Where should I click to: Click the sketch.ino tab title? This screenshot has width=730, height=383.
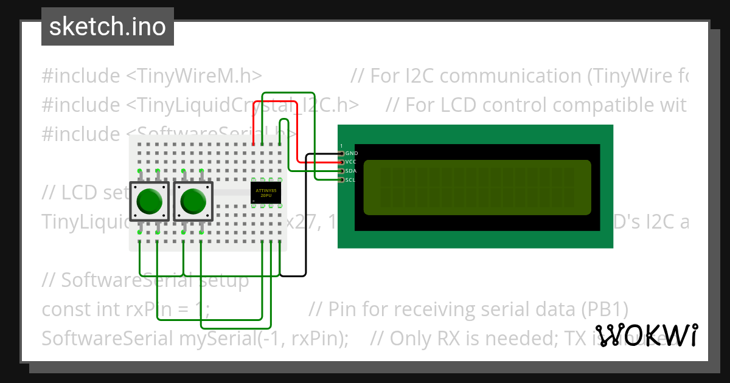pos(107,27)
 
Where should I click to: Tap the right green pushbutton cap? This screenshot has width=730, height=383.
pos(193,201)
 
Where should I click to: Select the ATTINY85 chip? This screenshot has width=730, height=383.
pos(266,193)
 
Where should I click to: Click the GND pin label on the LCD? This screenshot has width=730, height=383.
pos(352,154)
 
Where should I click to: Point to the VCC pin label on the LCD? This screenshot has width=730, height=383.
pos(352,162)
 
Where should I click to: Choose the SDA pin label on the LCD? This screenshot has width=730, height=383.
pos(352,171)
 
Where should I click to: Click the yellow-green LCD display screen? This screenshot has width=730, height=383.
pos(477,187)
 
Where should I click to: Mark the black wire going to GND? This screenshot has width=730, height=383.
pos(305,243)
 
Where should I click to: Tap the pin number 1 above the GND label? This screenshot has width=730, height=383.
pos(341,146)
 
